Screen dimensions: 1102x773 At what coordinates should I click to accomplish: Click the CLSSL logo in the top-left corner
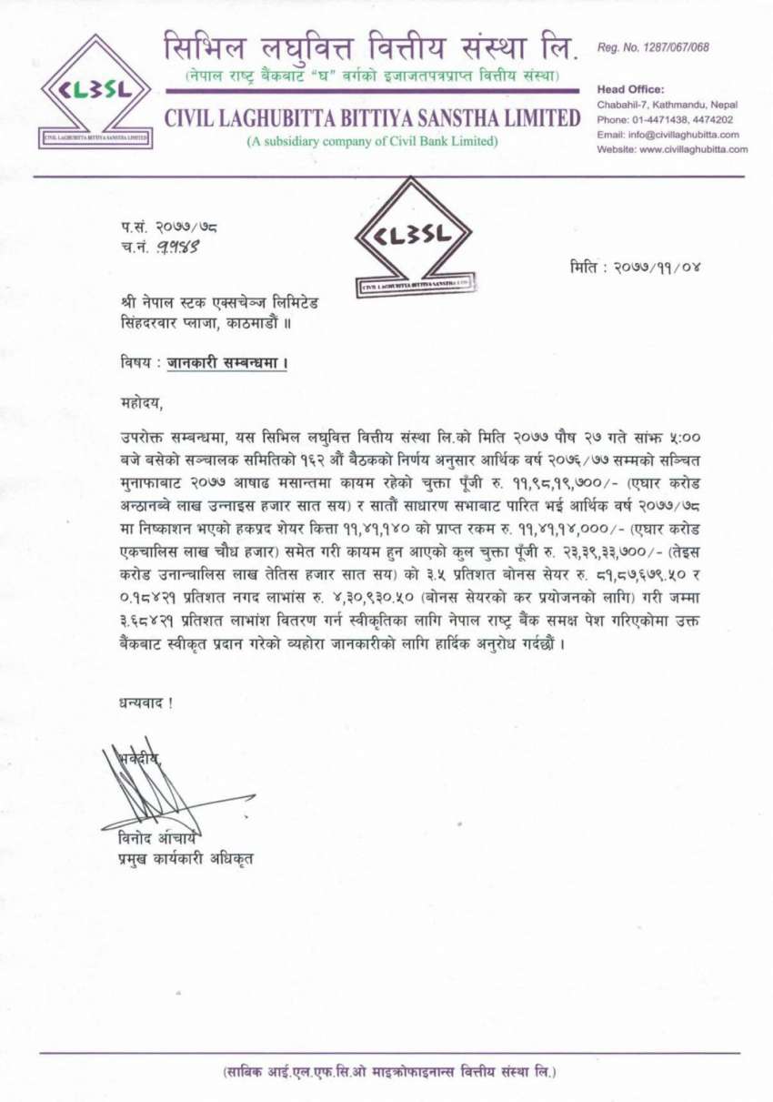coord(98,91)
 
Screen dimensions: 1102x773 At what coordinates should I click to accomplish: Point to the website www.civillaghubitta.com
coord(672,149)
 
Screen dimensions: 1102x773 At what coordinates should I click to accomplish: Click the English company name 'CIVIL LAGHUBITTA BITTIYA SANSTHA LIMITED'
coord(372,118)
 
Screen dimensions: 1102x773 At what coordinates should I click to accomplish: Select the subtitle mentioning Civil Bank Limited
coord(373,141)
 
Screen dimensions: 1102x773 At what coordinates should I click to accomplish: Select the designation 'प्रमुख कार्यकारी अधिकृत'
coord(177,856)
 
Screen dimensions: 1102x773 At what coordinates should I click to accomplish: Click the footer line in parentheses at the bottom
coord(388,1072)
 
